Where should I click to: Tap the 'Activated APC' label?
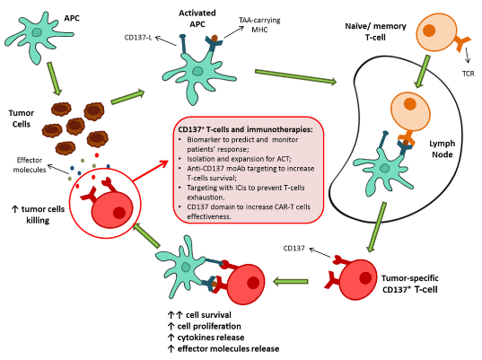(204, 17)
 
